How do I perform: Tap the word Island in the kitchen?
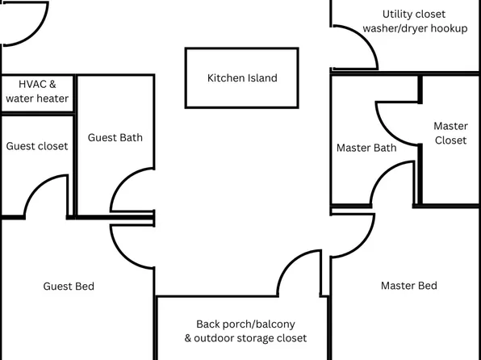(261, 78)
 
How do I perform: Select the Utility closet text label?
(413, 14)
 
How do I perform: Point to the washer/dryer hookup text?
(415, 28)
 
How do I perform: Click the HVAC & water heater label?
(37, 91)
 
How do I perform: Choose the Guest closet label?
(37, 146)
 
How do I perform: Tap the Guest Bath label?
(115, 137)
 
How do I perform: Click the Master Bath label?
(366, 148)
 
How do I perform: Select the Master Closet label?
(450, 133)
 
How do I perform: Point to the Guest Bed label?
(69, 287)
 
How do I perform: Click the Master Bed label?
(408, 286)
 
